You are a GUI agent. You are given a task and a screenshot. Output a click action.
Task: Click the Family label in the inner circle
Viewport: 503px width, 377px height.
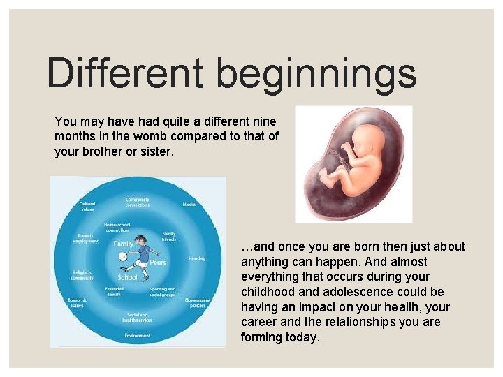pyautogui.click(x=124, y=244)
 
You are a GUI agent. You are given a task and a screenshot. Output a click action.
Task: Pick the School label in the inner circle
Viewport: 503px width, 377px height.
pyautogui.click(x=127, y=277)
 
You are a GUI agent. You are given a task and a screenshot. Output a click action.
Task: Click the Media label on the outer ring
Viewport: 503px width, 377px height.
pyautogui.click(x=189, y=205)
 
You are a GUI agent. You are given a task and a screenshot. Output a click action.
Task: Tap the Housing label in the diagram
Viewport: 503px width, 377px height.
pyautogui.click(x=196, y=258)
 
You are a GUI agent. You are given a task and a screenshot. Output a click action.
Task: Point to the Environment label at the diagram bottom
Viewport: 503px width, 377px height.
pyautogui.click(x=137, y=336)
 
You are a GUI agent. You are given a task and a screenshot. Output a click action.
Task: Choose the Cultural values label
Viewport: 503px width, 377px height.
pyautogui.click(x=87, y=206)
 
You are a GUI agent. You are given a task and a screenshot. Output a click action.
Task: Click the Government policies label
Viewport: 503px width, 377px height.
pyautogui.click(x=198, y=303)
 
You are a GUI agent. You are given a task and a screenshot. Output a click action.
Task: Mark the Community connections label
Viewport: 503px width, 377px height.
pyautogui.click(x=137, y=202)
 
